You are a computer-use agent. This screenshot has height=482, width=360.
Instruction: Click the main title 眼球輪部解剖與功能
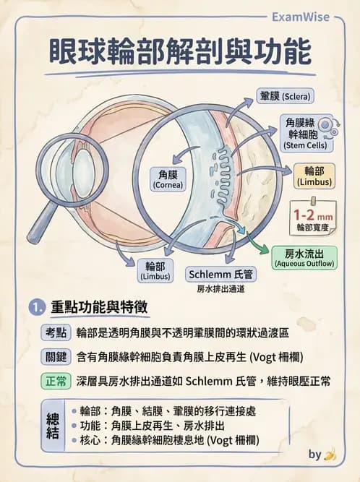(180, 53)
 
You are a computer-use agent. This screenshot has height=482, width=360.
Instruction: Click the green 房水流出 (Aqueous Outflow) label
(304, 257)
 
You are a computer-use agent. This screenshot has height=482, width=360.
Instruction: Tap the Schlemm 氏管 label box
(220, 275)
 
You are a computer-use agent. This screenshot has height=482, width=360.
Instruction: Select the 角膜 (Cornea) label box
(172, 178)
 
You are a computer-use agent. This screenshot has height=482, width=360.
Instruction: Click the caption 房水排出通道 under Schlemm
(220, 289)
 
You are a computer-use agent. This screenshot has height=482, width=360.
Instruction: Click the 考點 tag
(55, 332)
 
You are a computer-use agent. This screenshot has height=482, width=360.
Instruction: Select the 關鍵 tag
(55, 357)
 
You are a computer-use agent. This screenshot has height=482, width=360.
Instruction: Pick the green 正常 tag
(55, 381)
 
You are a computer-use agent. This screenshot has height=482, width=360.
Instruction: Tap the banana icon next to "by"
(330, 455)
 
